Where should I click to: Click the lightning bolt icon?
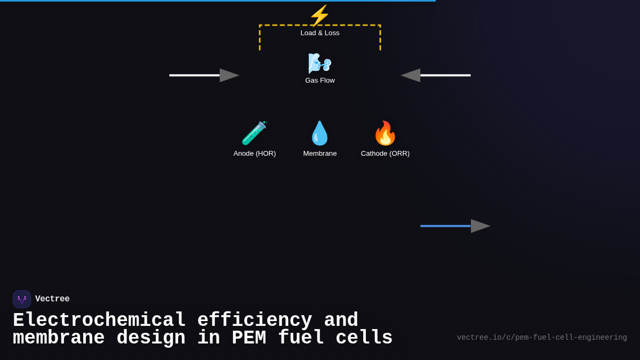319,15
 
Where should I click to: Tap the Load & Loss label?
320,33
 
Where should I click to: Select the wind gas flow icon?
319,63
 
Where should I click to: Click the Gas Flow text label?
320,81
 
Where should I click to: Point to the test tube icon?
254,133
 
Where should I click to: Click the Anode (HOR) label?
254,154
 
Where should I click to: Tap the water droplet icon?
319,133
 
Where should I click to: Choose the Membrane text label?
320,154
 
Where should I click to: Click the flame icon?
385,133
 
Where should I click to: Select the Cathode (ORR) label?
385,154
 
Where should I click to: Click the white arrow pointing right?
204,75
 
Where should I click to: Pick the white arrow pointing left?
436,75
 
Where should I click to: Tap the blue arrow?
455,226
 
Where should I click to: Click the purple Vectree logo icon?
22,299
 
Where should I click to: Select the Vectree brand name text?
52,299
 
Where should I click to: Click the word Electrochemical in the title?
99,321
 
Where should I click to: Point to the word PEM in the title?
249,338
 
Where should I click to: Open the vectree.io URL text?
542,338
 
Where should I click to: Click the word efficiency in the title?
254,321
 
